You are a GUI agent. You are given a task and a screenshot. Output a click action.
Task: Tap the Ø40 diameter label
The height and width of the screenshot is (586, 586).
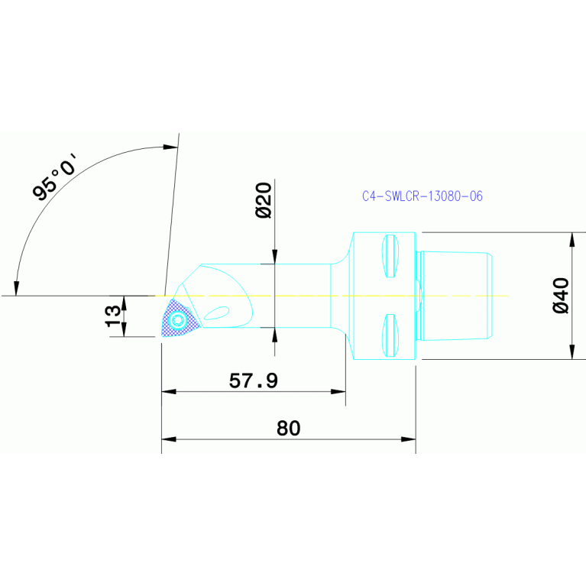(x=560, y=296)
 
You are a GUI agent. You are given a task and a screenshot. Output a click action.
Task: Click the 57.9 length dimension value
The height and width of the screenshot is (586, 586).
(x=254, y=380)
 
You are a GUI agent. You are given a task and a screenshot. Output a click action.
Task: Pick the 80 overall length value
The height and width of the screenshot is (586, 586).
(x=288, y=429)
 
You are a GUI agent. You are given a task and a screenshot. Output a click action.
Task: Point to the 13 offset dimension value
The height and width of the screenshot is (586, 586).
(x=112, y=316)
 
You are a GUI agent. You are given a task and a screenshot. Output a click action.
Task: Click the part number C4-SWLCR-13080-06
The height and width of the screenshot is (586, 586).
(x=422, y=196)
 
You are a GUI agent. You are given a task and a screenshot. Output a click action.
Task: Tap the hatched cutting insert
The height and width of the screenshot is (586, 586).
(x=177, y=319)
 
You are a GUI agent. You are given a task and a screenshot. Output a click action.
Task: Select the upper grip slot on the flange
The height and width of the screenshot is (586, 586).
(x=390, y=256)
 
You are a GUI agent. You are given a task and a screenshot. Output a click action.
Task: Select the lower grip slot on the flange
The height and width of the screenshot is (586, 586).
(x=390, y=335)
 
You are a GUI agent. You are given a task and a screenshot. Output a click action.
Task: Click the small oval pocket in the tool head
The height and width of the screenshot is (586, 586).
(x=217, y=312)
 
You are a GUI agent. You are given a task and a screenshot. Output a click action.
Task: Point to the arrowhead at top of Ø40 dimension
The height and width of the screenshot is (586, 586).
(x=572, y=238)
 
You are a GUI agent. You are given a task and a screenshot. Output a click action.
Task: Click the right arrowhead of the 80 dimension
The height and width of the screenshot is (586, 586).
(x=410, y=439)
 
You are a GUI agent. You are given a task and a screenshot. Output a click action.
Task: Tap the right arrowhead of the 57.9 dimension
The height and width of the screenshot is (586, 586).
(x=339, y=391)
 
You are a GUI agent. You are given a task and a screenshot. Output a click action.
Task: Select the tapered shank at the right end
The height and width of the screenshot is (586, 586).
(x=457, y=296)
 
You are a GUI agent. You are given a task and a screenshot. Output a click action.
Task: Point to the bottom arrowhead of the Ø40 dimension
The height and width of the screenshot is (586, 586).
(x=572, y=352)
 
